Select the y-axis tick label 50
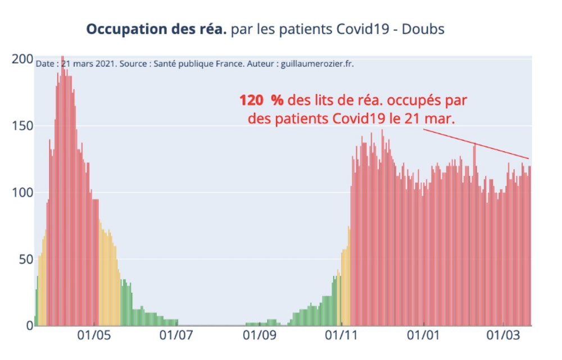pos(25,259)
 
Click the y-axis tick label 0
pos(28,326)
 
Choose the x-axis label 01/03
pos(504,338)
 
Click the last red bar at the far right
pos(529,247)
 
